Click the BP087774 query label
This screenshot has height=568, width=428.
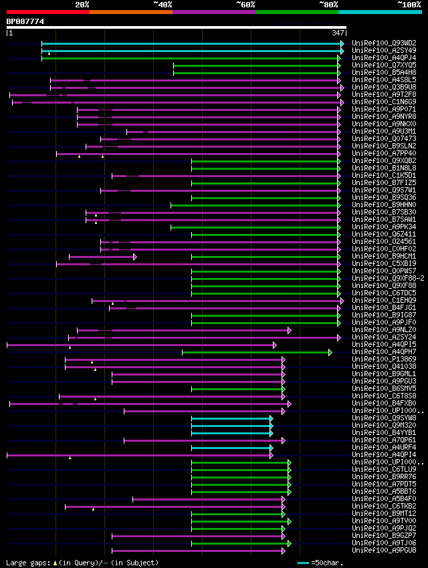point(25,21)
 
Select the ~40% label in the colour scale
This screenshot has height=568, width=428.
point(163,4)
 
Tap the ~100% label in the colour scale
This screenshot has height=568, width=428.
point(409,4)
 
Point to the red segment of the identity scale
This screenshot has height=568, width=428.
point(47,11)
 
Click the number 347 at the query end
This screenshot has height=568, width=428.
point(338,33)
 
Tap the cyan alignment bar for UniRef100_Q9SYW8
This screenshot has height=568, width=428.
point(231,418)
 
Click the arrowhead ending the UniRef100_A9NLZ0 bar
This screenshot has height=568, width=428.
point(290,330)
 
